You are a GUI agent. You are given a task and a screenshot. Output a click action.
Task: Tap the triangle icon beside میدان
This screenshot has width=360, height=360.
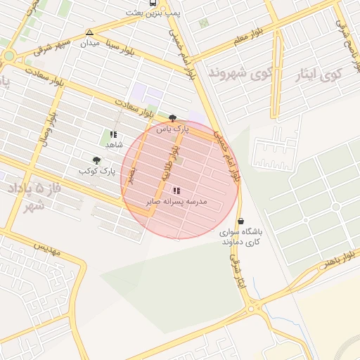coord(89,32)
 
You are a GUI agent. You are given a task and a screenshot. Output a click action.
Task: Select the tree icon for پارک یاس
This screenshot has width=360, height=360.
coord(173,118)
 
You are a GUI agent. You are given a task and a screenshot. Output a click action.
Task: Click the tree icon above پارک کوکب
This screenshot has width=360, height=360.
coord(96,160)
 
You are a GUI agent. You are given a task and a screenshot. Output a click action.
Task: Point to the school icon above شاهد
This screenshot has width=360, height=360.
coord(113,134)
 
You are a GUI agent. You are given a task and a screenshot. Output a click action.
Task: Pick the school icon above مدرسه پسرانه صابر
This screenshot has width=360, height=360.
coord(176,191)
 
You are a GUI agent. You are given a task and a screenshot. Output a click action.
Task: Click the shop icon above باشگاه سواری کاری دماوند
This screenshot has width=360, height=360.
coord(241,221)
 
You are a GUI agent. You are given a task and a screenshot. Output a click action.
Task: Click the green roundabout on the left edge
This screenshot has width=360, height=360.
coord(9,56)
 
